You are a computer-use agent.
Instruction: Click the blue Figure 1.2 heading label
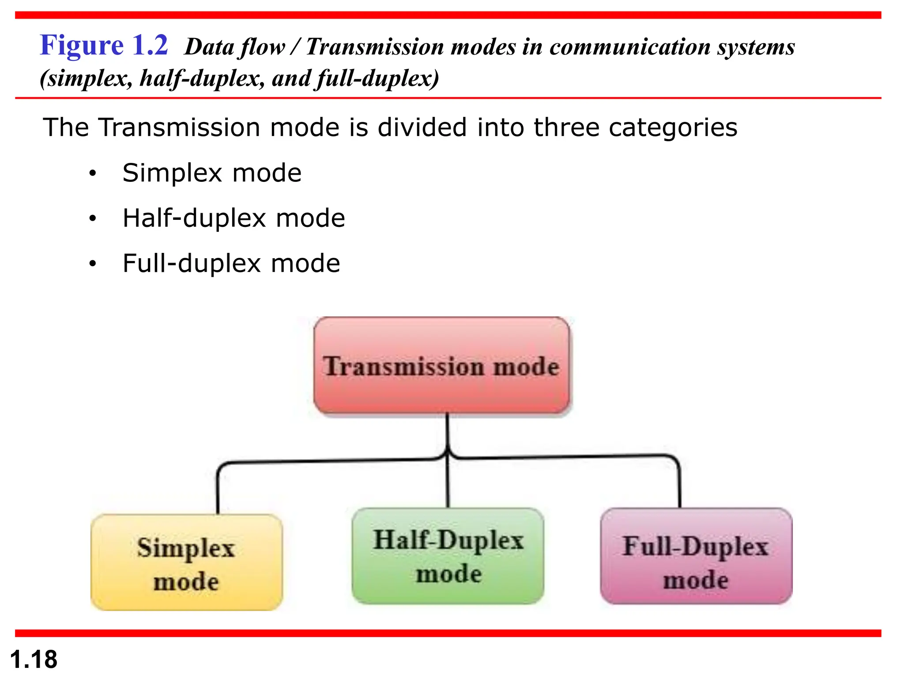pos(104,45)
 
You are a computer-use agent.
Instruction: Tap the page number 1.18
pos(34,659)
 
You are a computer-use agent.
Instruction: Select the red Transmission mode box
pos(441,366)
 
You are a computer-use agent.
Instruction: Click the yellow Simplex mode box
pos(186,563)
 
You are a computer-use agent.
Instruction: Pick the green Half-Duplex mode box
pos(448,556)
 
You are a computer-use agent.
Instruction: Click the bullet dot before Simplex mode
pos(92,173)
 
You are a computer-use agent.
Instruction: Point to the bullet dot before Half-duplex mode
pos(92,218)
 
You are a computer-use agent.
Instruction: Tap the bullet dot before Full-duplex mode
pos(92,264)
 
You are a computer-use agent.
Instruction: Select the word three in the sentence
pos(566,128)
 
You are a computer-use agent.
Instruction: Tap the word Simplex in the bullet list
pos(172,173)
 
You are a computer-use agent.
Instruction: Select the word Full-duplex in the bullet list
pos(192,264)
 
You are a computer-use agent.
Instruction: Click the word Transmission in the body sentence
pos(179,128)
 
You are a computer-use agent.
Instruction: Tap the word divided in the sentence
pos(422,128)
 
